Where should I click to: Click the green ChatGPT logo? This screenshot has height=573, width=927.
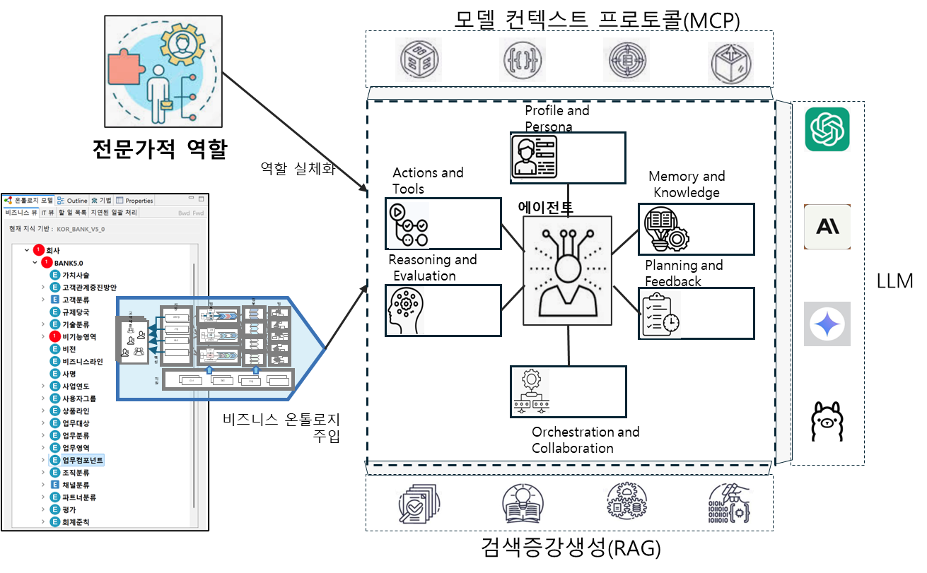coord(827,129)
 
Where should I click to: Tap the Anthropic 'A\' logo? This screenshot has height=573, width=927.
coord(827,227)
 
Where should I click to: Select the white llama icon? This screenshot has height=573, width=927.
coord(827,422)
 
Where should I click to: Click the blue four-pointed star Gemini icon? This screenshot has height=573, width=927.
coord(827,324)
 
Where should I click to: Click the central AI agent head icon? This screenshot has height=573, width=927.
coord(567,271)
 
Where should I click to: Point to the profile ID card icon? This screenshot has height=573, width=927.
coord(534,156)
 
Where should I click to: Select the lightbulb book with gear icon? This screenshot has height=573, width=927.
coord(665,228)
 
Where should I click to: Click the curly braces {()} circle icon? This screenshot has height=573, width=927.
coord(523,61)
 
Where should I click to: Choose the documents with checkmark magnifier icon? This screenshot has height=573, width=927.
coord(419,503)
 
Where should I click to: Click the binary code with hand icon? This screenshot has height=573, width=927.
coord(730,503)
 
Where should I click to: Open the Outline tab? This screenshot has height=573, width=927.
coord(73,201)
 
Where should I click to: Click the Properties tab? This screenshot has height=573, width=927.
coord(135,201)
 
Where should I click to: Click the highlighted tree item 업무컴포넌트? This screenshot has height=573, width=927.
coord(83,460)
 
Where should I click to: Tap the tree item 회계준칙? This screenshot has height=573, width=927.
coord(76,522)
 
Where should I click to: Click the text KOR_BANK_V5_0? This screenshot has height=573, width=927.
coord(81,229)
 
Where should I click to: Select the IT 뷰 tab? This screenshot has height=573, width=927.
coord(47,212)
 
